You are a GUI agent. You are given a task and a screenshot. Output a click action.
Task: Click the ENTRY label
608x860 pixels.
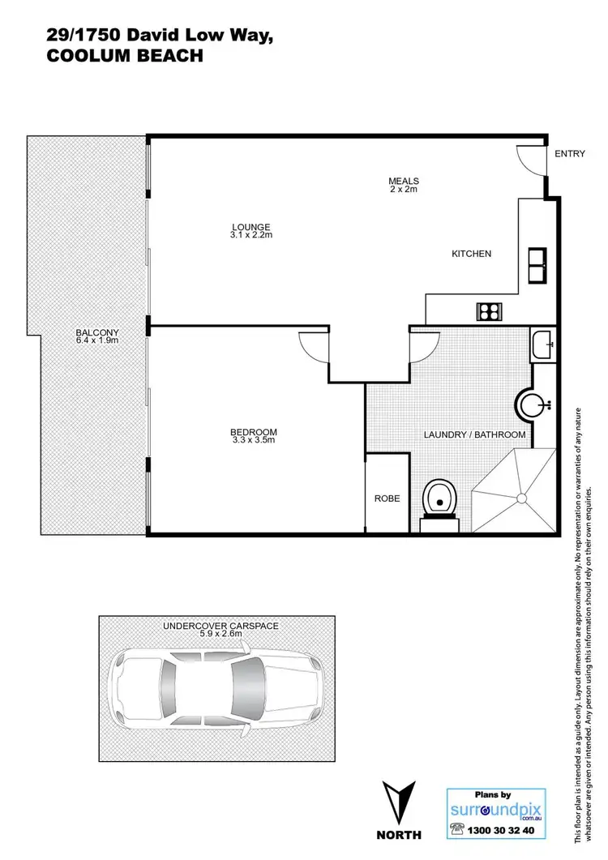569,154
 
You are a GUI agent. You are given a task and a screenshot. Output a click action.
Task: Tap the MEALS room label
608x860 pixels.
403,181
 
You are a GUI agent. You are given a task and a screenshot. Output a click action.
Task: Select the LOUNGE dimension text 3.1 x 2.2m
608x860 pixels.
250,236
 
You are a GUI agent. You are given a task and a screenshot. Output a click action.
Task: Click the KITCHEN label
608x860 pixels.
471,254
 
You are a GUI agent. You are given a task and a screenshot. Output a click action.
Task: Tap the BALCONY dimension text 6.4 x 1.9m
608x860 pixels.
97,341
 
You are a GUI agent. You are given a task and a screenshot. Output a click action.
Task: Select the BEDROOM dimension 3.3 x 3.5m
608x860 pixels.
254,441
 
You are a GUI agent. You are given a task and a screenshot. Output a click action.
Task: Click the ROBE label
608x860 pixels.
387,498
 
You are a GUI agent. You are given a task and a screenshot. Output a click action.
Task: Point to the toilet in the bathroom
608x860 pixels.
440,498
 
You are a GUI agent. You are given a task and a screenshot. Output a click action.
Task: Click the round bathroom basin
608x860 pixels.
533,402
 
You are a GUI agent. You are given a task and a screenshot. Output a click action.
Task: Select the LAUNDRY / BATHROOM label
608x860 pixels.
475,435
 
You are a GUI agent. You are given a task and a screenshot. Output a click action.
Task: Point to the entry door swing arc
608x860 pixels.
532,162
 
